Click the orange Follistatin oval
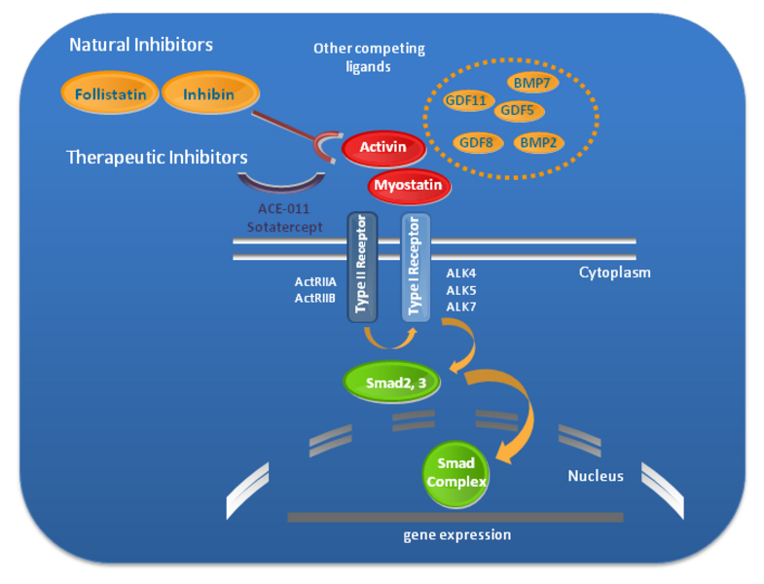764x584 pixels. click(x=110, y=94)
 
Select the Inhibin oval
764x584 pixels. click(x=209, y=94)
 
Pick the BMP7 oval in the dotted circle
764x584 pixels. click(x=531, y=84)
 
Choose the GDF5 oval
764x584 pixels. click(x=520, y=110)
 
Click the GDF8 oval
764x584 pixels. click(x=476, y=142)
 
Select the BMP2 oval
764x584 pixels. click(x=538, y=142)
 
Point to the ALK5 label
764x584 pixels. click(x=460, y=290)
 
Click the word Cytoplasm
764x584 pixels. click(x=614, y=273)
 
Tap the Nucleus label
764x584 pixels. click(x=595, y=476)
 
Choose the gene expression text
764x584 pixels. click(x=456, y=534)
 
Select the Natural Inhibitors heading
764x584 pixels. click(x=141, y=45)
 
